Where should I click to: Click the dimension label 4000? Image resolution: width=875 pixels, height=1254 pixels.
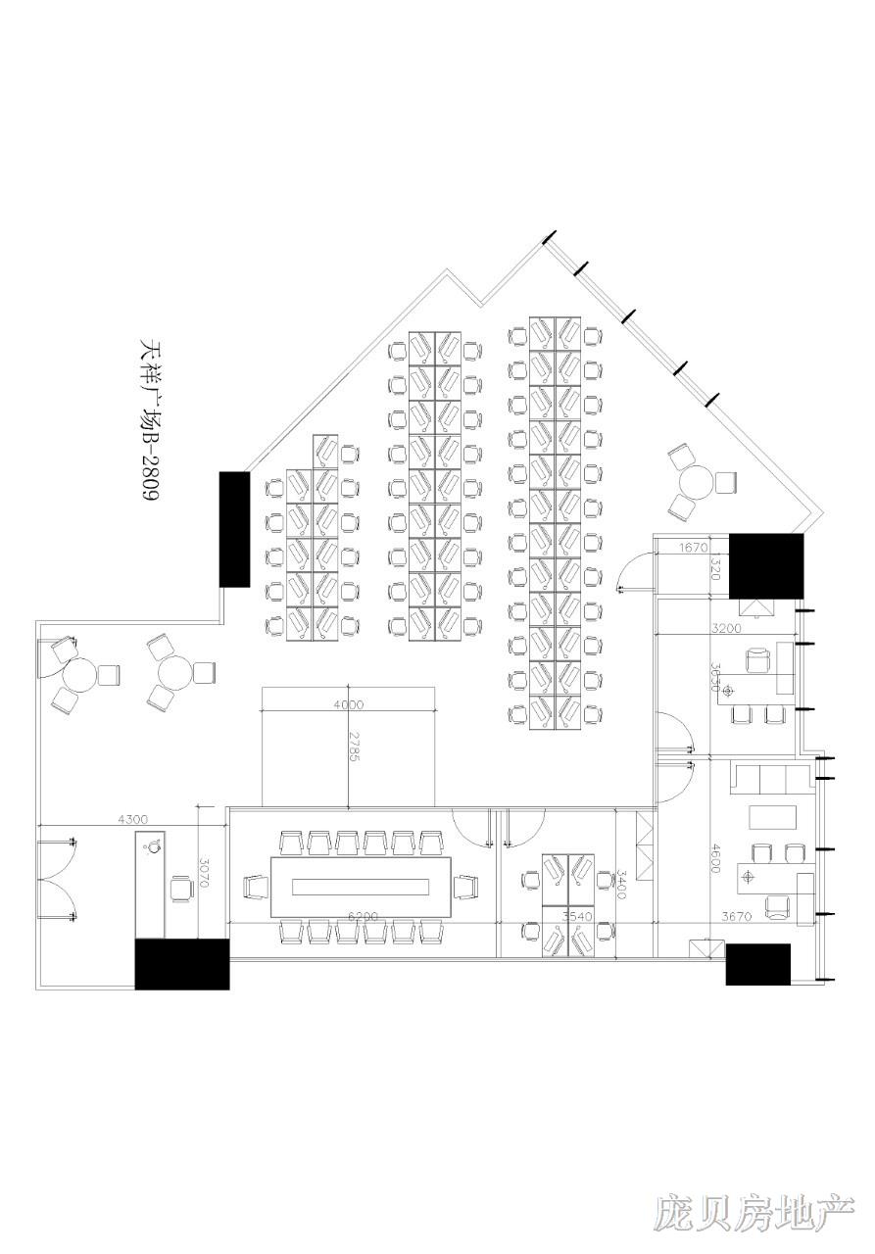point(349,704)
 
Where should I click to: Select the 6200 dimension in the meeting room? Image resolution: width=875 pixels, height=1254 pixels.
point(363,917)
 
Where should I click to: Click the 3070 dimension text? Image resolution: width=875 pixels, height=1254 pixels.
point(204,873)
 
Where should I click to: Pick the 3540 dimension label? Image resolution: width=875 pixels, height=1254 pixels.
point(577,917)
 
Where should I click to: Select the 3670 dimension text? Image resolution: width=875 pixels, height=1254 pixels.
point(736,917)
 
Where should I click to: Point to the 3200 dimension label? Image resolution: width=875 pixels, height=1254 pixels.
point(727,628)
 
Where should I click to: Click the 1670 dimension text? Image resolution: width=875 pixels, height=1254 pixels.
point(693,548)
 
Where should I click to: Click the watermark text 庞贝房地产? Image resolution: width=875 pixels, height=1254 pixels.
point(754,1212)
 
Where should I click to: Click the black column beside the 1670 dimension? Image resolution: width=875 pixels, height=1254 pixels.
point(766,565)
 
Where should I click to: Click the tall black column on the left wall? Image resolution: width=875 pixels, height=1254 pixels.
point(234,529)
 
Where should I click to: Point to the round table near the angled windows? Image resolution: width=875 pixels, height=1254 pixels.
point(697,482)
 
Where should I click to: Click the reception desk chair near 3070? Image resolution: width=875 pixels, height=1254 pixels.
point(181,888)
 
